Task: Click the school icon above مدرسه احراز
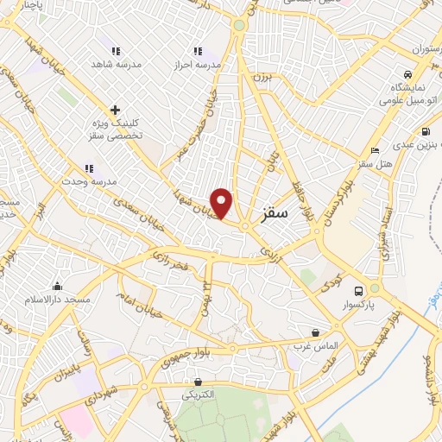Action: [198, 51]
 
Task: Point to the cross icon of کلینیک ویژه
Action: [115, 110]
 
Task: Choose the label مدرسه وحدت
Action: [87, 183]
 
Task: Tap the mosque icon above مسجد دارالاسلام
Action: [58, 286]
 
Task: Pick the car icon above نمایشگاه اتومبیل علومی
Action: [407, 74]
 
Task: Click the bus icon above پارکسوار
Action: [358, 290]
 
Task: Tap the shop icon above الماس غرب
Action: [315, 331]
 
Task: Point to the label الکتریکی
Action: [199, 395]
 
